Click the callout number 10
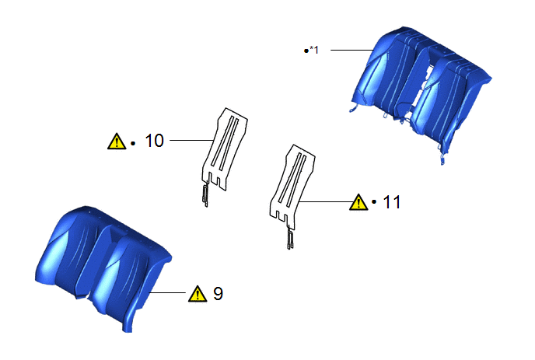[155, 141]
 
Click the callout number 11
[392, 202]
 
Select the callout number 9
[218, 293]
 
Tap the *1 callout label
[314, 51]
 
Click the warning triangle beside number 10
[117, 142]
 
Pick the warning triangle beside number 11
[358, 202]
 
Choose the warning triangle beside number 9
[198, 294]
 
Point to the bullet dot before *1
[306, 51]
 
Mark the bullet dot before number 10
[133, 144]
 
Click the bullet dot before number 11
[374, 202]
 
